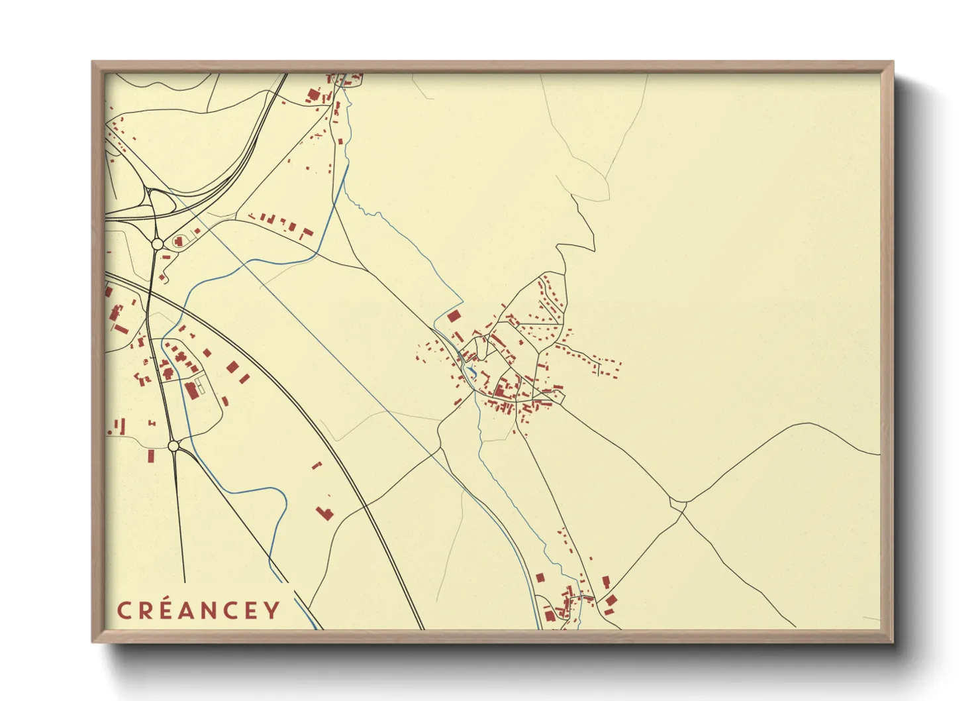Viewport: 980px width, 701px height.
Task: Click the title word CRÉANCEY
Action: [199, 610]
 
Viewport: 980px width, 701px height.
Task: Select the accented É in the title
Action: [169, 610]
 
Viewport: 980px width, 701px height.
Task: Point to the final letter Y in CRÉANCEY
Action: [272, 610]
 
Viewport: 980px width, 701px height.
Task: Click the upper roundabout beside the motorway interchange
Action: [158, 244]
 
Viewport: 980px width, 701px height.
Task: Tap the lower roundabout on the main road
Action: [173, 447]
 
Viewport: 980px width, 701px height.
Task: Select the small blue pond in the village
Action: [470, 368]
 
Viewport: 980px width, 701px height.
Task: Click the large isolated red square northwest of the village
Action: [454, 316]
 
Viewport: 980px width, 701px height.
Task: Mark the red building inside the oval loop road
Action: [178, 241]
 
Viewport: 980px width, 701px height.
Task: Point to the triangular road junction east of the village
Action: [679, 505]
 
